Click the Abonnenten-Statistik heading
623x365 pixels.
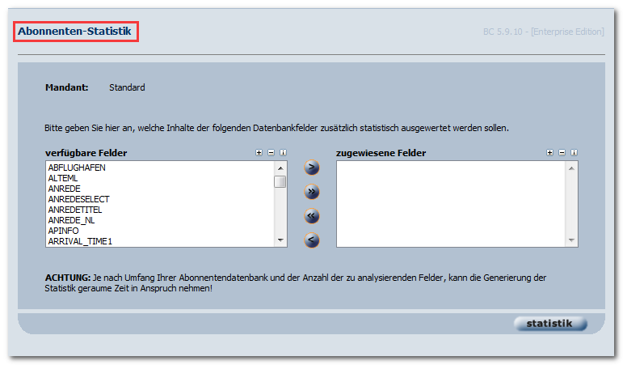(x=74, y=31)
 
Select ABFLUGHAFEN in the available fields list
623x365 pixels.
(x=77, y=168)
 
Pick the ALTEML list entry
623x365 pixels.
(x=63, y=178)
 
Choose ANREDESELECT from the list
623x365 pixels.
(x=78, y=199)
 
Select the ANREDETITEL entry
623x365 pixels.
(x=75, y=210)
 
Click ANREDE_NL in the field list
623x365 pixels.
(x=72, y=220)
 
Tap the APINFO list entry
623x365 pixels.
(x=63, y=231)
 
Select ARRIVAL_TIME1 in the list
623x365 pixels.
(x=80, y=241)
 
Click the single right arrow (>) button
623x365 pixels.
(x=312, y=168)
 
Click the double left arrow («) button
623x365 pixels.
(x=312, y=216)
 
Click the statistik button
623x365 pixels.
(x=550, y=324)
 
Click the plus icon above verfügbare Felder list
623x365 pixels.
(x=259, y=152)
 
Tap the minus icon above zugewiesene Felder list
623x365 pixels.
(x=562, y=152)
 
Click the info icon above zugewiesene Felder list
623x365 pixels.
(x=575, y=152)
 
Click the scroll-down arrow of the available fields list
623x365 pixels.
(x=280, y=240)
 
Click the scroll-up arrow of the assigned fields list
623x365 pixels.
(x=571, y=168)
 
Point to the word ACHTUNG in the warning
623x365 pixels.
(x=68, y=278)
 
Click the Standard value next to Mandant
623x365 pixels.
(x=127, y=87)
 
